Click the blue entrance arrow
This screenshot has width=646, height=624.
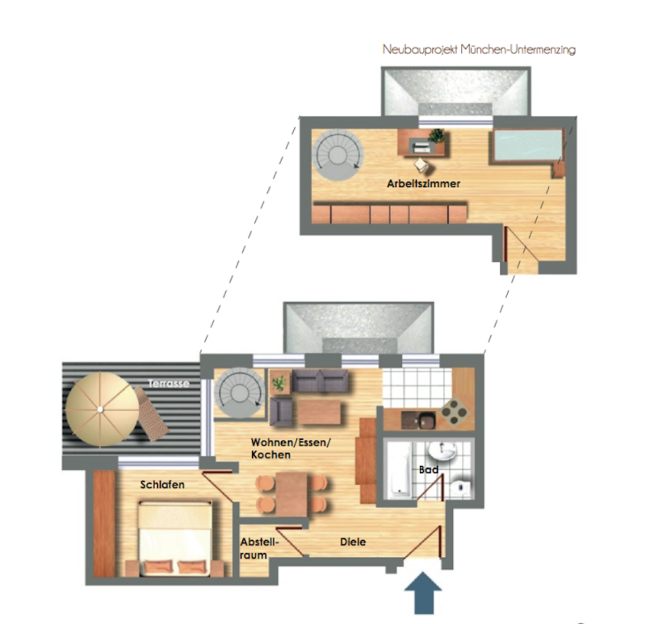pyautogui.click(x=422, y=593)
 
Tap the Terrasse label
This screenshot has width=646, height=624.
pyautogui.click(x=169, y=383)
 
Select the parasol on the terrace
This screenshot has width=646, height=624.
pyautogui.click(x=103, y=409)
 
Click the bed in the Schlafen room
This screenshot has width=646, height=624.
pyautogui.click(x=175, y=538)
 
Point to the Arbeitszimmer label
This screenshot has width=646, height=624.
pyautogui.click(x=423, y=184)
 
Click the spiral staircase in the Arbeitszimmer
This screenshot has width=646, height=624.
pyautogui.click(x=338, y=155)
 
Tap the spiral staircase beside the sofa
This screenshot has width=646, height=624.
pyautogui.click(x=240, y=393)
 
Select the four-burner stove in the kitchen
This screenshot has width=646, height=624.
pyautogui.click(x=455, y=411)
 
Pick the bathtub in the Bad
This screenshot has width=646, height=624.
pyautogui.click(x=397, y=469)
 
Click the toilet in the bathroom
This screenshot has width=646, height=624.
pyautogui.click(x=459, y=488)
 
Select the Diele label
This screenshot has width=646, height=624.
pyautogui.click(x=353, y=542)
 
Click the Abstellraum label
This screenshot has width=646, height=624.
pyautogui.click(x=259, y=549)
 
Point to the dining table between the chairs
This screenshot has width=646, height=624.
pyautogui.click(x=292, y=494)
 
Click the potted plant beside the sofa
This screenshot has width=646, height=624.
pyautogui.click(x=280, y=383)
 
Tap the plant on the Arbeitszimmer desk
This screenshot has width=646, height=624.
pyautogui.click(x=436, y=136)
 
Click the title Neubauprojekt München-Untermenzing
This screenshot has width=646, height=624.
pyautogui.click(x=479, y=50)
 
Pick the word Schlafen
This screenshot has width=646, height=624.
pyautogui.click(x=162, y=485)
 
